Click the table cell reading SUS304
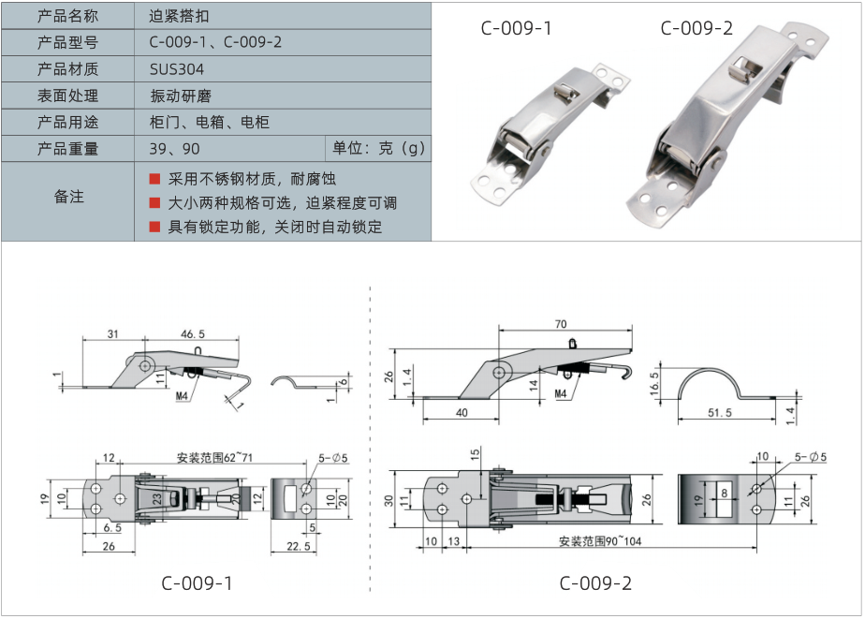coord(176,69)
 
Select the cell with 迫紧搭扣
coord(178,16)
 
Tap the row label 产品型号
coord(67,43)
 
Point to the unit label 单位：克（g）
coord(378,149)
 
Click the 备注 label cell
coord(68,197)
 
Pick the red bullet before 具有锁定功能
coord(154,227)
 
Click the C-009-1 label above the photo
coord(516,28)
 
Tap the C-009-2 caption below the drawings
coord(595,583)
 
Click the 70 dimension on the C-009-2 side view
coord(561,324)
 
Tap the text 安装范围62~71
coord(214,457)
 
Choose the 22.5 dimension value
coord(298,547)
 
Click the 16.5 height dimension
coord(655,382)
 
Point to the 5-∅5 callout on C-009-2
coord(810,457)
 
